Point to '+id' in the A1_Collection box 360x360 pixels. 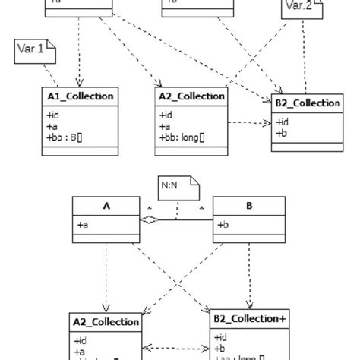(53, 115)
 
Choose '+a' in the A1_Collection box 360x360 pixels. (52, 126)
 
